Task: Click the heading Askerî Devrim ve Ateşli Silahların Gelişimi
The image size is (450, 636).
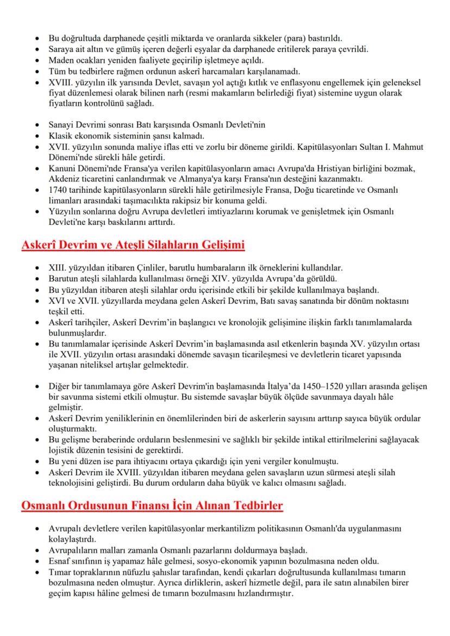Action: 133,245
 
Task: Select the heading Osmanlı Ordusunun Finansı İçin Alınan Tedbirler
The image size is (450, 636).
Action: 152,506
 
